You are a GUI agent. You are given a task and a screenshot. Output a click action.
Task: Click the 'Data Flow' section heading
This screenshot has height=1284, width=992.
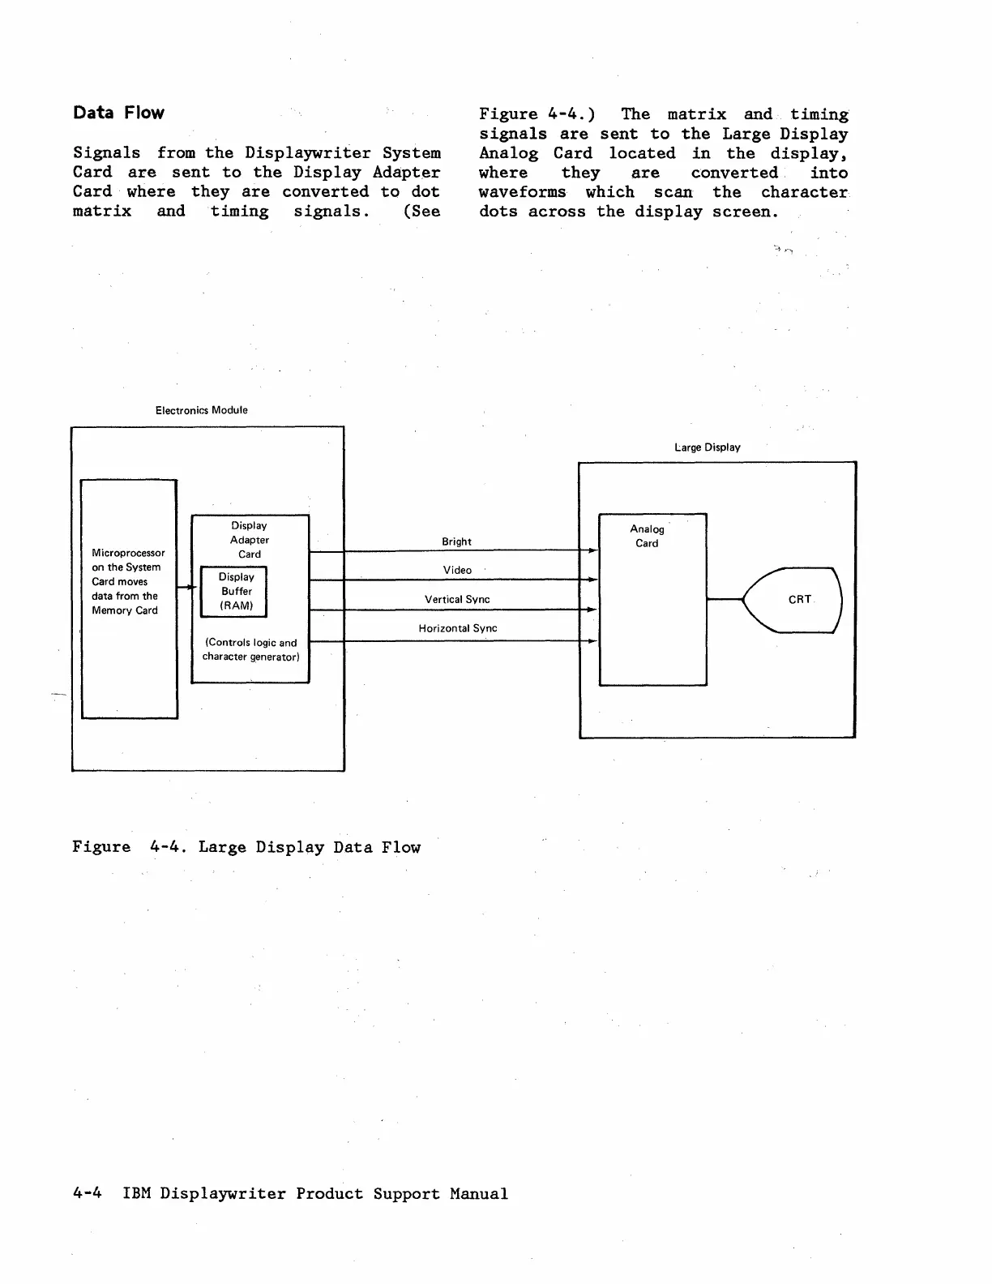click(x=118, y=113)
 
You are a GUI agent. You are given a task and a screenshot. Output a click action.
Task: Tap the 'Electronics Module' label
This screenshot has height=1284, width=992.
click(x=201, y=410)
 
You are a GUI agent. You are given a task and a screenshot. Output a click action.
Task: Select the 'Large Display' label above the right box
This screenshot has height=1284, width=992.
click(x=707, y=447)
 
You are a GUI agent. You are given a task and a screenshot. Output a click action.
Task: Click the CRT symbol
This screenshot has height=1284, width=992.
click(x=794, y=600)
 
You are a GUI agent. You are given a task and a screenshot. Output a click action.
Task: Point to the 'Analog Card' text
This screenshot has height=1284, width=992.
click(x=647, y=536)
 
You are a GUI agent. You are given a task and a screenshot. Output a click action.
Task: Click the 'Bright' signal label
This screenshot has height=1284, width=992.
click(x=456, y=541)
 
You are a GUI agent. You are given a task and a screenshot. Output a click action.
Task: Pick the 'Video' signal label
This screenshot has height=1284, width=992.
click(x=457, y=570)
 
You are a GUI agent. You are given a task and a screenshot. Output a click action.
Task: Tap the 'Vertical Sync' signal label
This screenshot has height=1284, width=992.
click(x=457, y=599)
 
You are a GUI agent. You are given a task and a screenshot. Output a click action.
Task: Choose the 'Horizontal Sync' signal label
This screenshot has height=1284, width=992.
click(x=457, y=628)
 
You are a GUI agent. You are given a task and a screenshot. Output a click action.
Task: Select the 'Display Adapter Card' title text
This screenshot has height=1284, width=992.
click(x=249, y=540)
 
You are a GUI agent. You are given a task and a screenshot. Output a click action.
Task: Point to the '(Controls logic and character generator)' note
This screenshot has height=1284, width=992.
click(x=250, y=649)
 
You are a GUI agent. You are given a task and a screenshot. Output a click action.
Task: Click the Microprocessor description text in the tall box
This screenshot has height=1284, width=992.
click(x=127, y=581)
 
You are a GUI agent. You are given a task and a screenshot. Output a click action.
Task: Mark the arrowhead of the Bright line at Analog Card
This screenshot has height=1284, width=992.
click(x=592, y=551)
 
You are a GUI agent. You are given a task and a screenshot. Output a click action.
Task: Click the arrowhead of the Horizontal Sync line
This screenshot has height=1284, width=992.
click(x=592, y=641)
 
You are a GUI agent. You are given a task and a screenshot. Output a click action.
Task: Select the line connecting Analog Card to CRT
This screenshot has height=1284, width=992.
click(x=725, y=599)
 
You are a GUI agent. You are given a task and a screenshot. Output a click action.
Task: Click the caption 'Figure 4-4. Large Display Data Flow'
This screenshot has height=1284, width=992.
click(x=246, y=847)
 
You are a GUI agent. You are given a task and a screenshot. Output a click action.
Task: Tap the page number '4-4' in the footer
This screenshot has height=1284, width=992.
click(x=87, y=1193)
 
